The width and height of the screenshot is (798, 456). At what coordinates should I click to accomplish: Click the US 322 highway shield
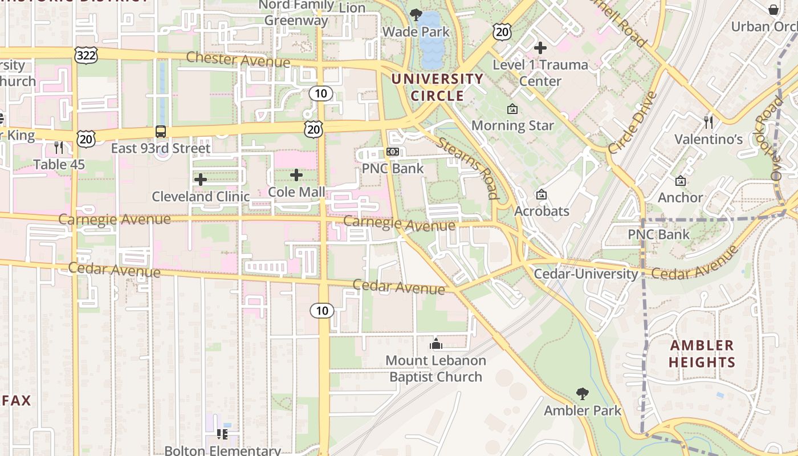pos(85,55)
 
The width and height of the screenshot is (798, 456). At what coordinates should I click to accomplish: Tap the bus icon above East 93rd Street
pos(161,132)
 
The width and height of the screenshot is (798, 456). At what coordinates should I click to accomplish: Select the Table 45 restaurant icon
pos(59,148)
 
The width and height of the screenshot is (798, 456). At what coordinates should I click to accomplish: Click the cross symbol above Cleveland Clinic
pos(200,180)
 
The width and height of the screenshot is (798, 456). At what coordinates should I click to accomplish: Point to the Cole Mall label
pos(296,192)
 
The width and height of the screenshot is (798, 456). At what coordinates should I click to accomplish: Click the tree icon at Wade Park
pos(416,15)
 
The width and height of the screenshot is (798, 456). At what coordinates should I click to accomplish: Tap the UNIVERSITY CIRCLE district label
pos(438,87)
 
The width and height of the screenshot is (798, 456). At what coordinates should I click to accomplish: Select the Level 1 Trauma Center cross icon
pos(540,48)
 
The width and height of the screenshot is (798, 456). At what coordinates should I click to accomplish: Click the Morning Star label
pos(512,125)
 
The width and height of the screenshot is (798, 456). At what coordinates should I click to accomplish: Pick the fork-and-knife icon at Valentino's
pos(709,122)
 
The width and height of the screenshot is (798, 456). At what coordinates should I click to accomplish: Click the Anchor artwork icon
pos(680,181)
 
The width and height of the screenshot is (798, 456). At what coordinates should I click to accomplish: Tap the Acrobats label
pos(541,211)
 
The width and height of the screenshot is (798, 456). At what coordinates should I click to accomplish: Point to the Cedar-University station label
pos(586,274)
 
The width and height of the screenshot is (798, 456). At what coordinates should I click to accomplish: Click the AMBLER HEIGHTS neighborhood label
pos(702,353)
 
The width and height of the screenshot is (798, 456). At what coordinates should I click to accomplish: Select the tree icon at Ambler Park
pos(582,393)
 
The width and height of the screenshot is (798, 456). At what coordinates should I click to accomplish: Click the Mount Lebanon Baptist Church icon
pos(436,344)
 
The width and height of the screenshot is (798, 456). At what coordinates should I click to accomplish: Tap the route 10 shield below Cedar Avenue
pos(322,311)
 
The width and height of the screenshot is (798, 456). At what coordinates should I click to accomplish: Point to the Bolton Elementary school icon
pos(222,434)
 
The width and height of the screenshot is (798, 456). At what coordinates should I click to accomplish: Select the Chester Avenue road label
pos(238,59)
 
